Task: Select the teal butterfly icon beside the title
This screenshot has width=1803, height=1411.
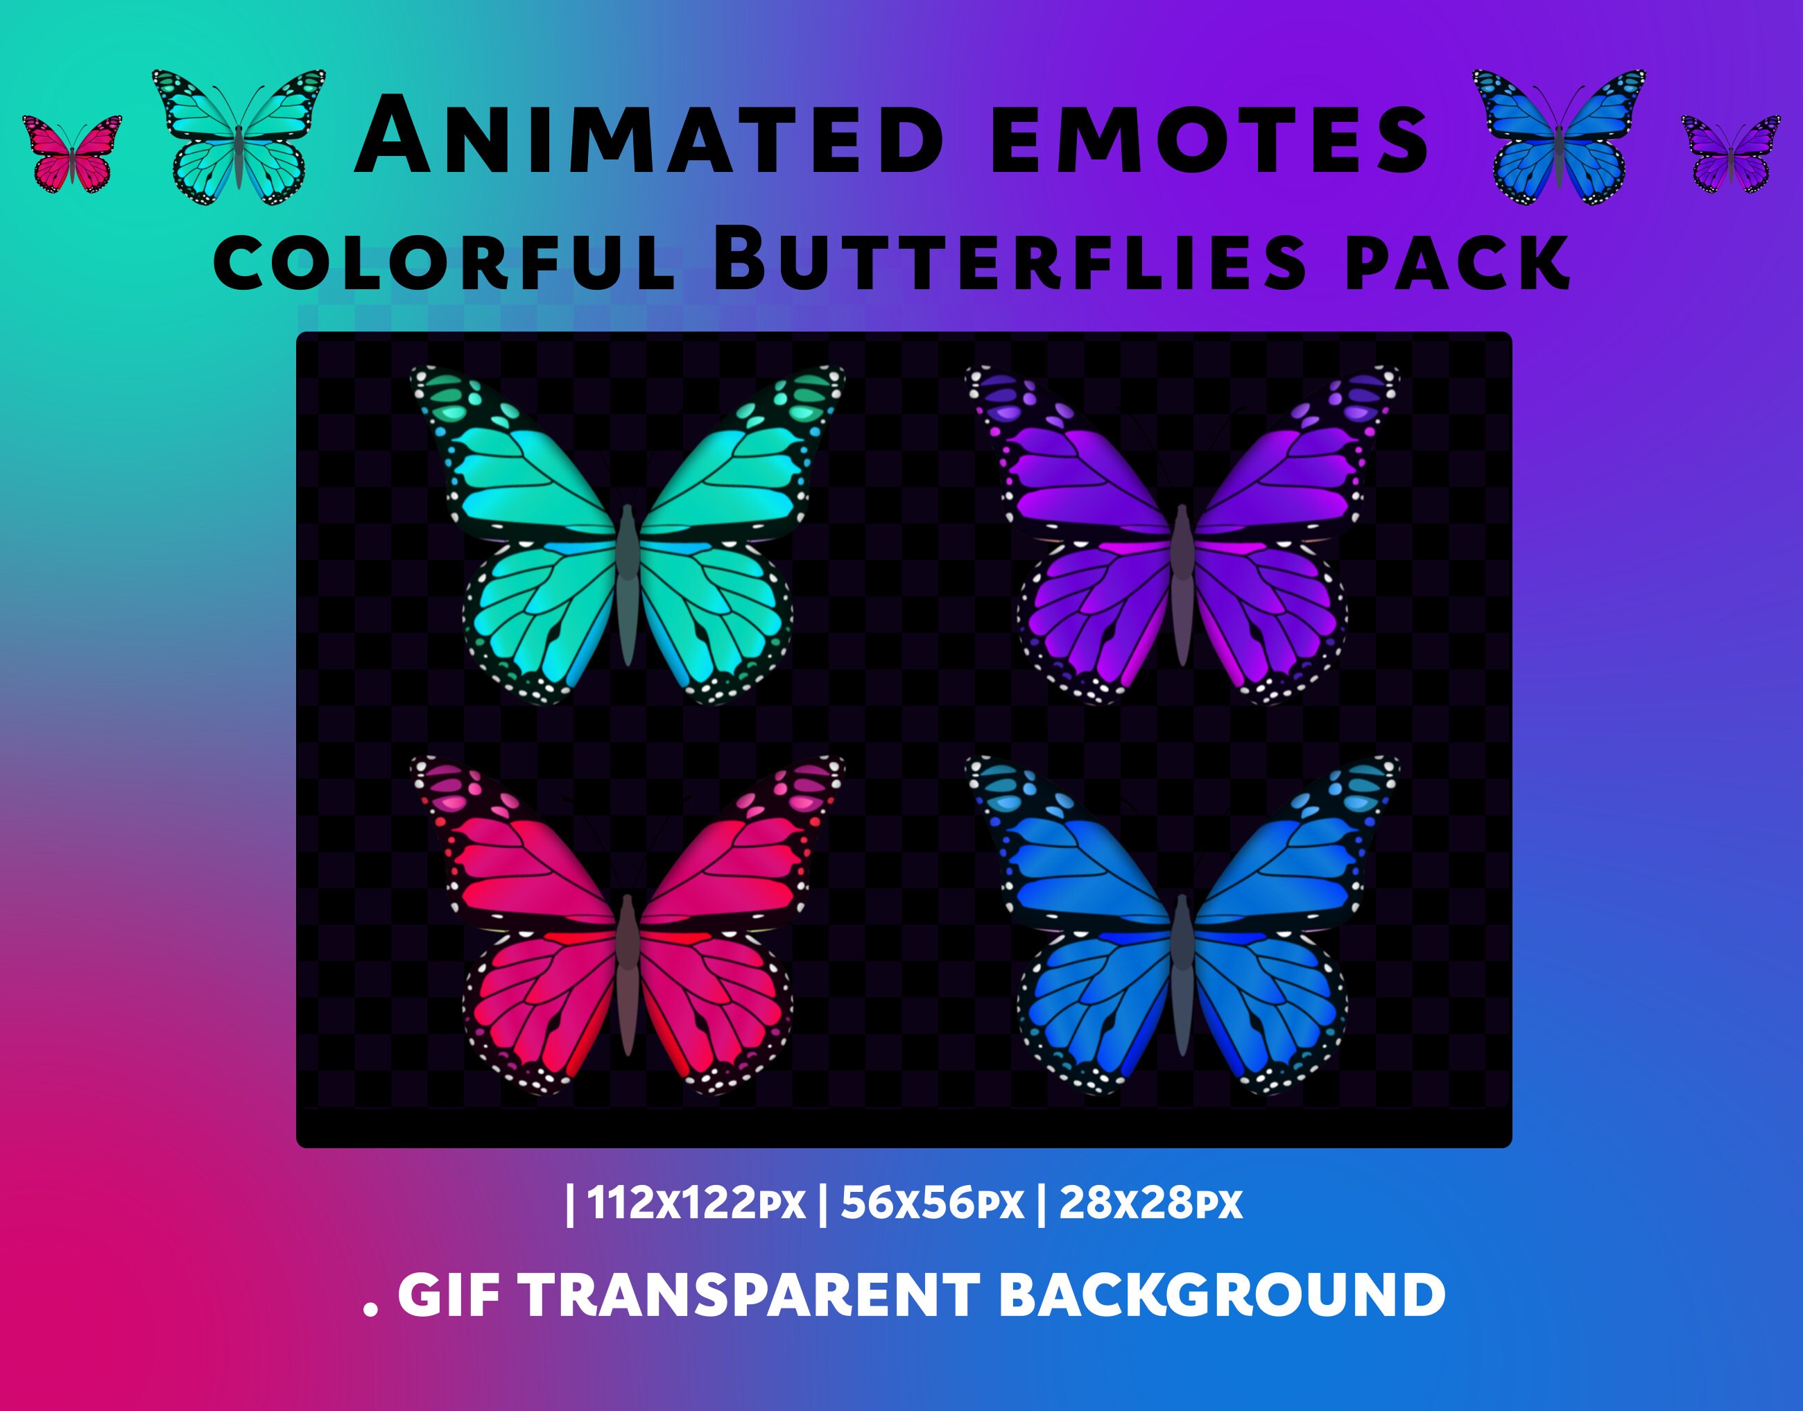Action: pyautogui.click(x=239, y=137)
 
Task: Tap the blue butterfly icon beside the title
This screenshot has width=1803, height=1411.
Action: pyautogui.click(x=1558, y=137)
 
